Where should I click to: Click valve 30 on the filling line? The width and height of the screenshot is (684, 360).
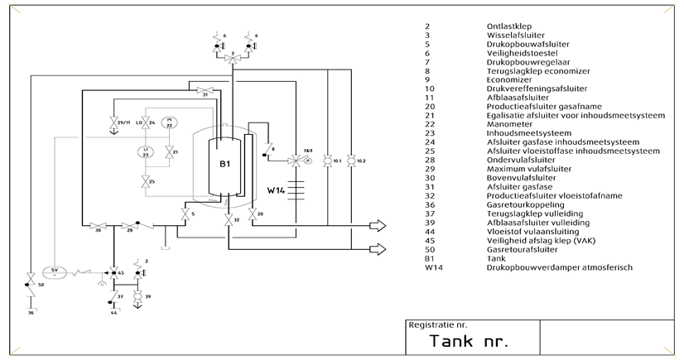[x=99, y=225]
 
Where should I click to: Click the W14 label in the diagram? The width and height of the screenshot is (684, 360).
[x=277, y=190]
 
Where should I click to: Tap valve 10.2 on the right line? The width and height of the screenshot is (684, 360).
[x=351, y=160]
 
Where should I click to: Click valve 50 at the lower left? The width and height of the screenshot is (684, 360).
[x=31, y=275]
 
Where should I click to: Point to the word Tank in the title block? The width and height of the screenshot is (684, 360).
[x=452, y=341]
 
